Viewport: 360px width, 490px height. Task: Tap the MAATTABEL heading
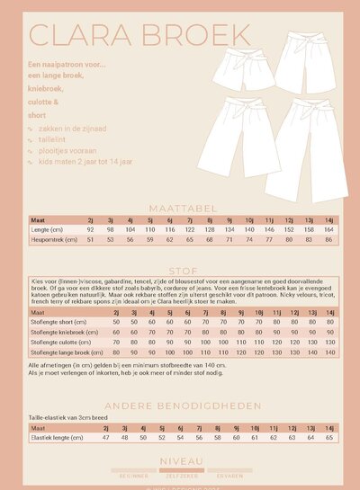coord(180,206)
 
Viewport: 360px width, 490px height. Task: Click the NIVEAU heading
coord(180,459)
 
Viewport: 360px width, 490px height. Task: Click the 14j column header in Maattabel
coord(329,219)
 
